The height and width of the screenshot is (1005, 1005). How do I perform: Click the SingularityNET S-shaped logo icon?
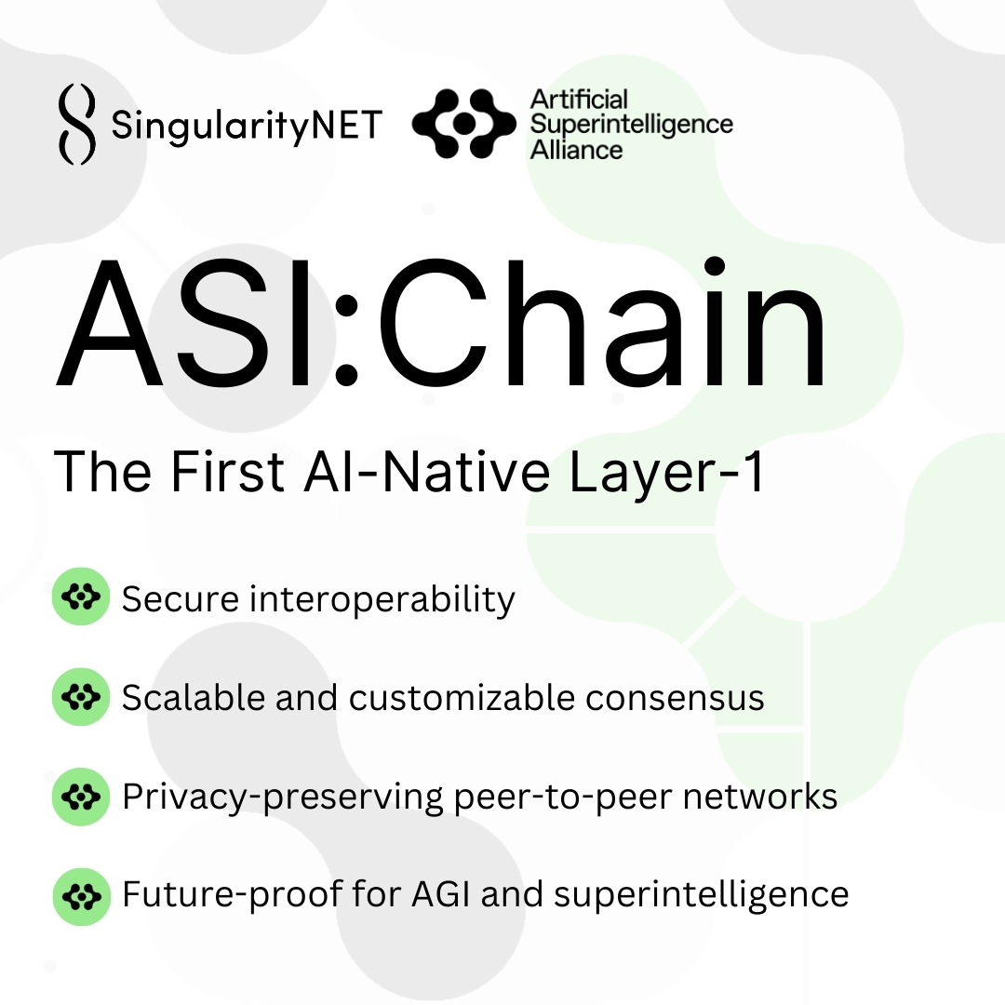[x=76, y=125]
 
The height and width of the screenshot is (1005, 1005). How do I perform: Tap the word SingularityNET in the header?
[x=247, y=125]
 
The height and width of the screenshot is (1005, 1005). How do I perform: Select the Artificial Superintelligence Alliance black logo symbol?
[x=462, y=124]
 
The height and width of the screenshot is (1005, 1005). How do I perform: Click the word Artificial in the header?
[x=579, y=100]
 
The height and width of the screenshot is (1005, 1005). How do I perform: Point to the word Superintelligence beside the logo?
[x=631, y=124]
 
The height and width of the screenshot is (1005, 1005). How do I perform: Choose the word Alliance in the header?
[x=576, y=149]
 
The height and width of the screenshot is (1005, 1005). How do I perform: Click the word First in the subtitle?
[x=227, y=473]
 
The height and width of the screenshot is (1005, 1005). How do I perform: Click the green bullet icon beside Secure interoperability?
[x=81, y=597]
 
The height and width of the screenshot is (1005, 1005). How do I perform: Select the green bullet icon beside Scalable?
[x=81, y=697]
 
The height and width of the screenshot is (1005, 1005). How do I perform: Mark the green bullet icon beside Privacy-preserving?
[x=81, y=797]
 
